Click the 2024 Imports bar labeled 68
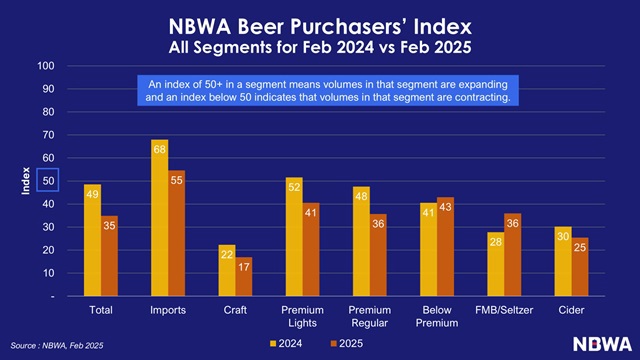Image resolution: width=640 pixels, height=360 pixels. tap(159, 218)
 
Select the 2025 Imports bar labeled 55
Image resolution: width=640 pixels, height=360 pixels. tap(176, 233)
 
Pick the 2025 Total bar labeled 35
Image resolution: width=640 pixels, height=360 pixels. tap(109, 256)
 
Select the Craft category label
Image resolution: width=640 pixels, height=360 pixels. tap(234, 311)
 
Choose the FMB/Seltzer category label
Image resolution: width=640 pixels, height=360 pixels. tap(503, 311)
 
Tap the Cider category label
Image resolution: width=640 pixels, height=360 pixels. tap(571, 311)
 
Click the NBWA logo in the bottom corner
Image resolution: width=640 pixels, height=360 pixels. tap(599, 342)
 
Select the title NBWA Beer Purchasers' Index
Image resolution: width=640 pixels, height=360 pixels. tap(320, 25)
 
